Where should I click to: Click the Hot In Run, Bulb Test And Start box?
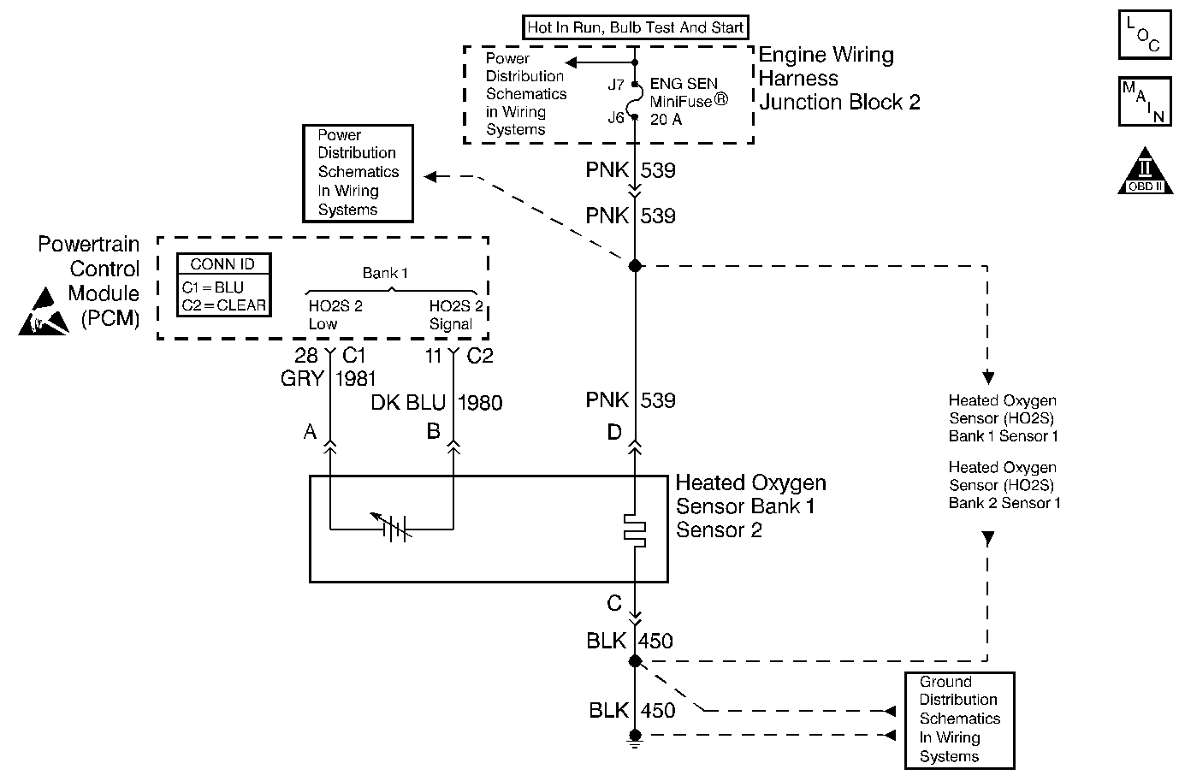(x=635, y=27)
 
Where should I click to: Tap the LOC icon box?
(x=1144, y=35)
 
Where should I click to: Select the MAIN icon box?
(x=1144, y=102)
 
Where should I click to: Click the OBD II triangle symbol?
(x=1144, y=172)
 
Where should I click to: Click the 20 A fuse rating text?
(x=667, y=120)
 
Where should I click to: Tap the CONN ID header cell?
(x=223, y=264)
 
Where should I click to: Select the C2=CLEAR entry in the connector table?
(x=223, y=305)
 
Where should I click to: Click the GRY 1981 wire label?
(x=329, y=378)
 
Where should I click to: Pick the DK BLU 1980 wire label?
(x=436, y=402)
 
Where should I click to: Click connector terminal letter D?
(x=614, y=433)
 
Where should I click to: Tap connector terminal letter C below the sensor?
(x=614, y=604)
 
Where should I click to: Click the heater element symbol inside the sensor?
(x=635, y=529)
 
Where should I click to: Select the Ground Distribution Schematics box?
(x=959, y=719)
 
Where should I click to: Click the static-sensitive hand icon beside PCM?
(x=44, y=312)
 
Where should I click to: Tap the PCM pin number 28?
(x=306, y=356)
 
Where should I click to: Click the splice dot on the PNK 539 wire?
(x=635, y=266)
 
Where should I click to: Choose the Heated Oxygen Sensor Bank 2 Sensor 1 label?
(x=1004, y=485)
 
